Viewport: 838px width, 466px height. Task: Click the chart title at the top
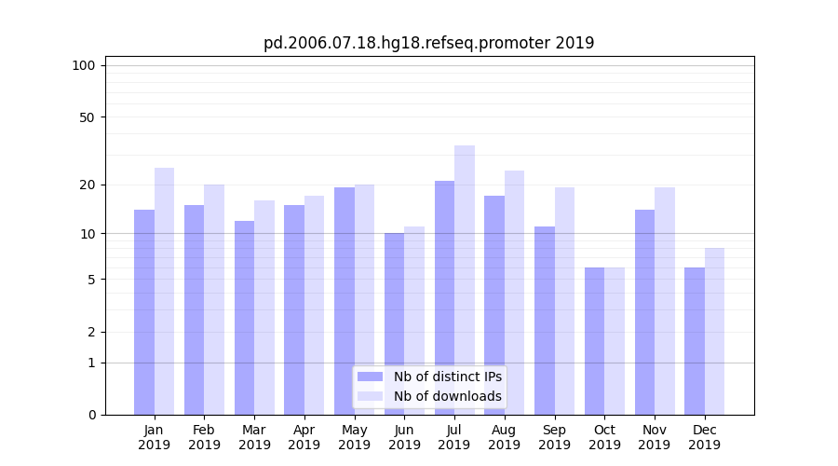[428, 43]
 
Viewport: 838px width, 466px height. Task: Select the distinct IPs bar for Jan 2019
[144, 312]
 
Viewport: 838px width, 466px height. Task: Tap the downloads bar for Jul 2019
[465, 280]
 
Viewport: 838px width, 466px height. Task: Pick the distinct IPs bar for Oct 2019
[594, 341]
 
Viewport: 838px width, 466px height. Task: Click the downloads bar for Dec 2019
[714, 331]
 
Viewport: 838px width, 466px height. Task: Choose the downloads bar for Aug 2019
[514, 293]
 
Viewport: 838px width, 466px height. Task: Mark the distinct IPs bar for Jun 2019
[394, 323]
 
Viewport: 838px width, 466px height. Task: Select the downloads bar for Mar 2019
[264, 308]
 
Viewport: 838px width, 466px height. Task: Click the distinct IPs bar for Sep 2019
[545, 321]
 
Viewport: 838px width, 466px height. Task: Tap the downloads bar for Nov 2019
[665, 301]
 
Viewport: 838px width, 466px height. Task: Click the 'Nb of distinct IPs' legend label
[447, 377]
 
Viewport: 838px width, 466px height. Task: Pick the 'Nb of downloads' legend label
[447, 396]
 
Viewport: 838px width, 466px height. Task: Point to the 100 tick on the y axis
[84, 65]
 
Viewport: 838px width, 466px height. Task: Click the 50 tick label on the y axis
[87, 117]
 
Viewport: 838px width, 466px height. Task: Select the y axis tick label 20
[87, 185]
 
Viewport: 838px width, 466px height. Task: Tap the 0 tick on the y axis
[91, 415]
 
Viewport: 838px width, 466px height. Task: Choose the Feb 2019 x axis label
[204, 437]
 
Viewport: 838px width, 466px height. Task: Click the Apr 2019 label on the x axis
[304, 437]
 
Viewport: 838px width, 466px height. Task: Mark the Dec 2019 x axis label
[704, 437]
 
